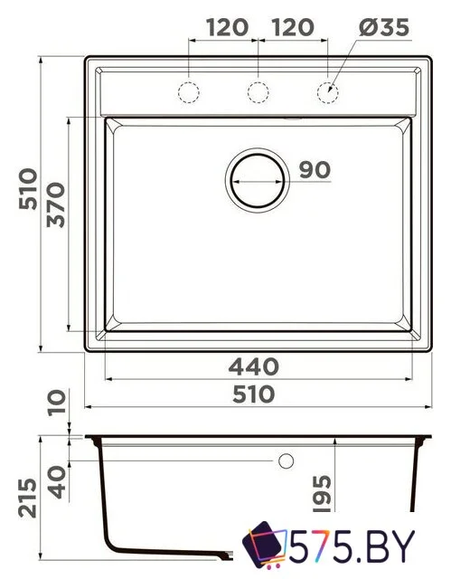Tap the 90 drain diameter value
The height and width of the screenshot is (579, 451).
tap(310, 169)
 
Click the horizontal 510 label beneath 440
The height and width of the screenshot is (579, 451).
tap(256, 395)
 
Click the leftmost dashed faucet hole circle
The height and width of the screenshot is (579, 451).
tap(189, 91)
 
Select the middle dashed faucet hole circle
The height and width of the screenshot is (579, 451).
tap(258, 91)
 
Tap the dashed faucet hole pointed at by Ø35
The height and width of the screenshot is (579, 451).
tap(327, 91)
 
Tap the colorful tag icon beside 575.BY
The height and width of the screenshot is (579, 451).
tap(263, 546)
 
